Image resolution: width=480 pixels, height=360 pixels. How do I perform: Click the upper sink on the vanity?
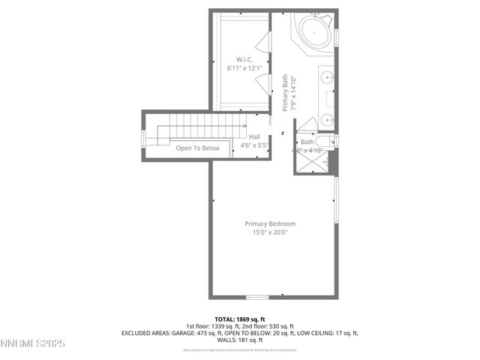pos(327,76)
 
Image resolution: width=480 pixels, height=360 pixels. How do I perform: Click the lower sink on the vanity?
pos(327,119)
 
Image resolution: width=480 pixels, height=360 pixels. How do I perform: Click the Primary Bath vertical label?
pos(285,93)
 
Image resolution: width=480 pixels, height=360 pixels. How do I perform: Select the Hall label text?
pos(254,136)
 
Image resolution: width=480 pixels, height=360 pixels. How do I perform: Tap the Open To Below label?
pos(198,148)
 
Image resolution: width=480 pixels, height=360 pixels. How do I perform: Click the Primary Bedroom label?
pos(270,223)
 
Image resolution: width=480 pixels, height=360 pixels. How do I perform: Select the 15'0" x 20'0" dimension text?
pos(270,232)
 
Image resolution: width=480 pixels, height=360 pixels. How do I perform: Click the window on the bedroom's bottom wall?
pos(257,297)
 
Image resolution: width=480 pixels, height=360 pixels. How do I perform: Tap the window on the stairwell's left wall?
pos(143,136)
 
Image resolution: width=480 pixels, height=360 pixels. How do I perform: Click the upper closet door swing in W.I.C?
pos(264,43)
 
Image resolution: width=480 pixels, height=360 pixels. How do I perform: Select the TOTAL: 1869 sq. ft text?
pos(240,319)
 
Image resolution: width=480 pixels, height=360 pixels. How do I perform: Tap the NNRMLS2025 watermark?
pos(33,344)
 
